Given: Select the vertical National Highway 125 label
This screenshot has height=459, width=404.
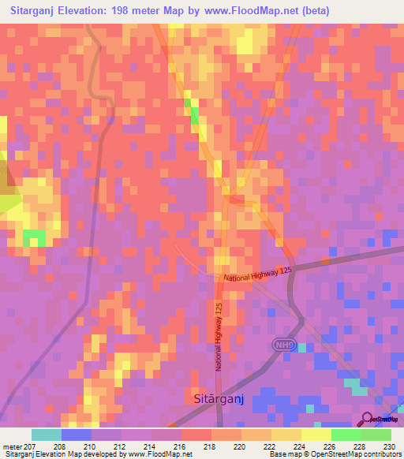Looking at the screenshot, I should pyautogui.click(x=219, y=338).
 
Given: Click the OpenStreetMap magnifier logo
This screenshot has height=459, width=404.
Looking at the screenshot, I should pyautogui.click(x=367, y=419).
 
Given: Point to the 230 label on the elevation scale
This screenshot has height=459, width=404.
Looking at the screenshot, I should pyautogui.click(x=388, y=446).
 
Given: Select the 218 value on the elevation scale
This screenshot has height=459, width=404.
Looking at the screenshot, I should pyautogui.click(x=208, y=446).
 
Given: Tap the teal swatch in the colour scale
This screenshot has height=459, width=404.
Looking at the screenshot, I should pyautogui.click(x=47, y=435).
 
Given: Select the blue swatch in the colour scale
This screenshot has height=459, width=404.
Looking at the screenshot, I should pyautogui.click(x=77, y=435).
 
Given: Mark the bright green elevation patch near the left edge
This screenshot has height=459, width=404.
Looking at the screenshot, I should pyautogui.click(x=34, y=237).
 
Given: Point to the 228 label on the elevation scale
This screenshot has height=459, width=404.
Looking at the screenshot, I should pyautogui.click(x=358, y=446).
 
